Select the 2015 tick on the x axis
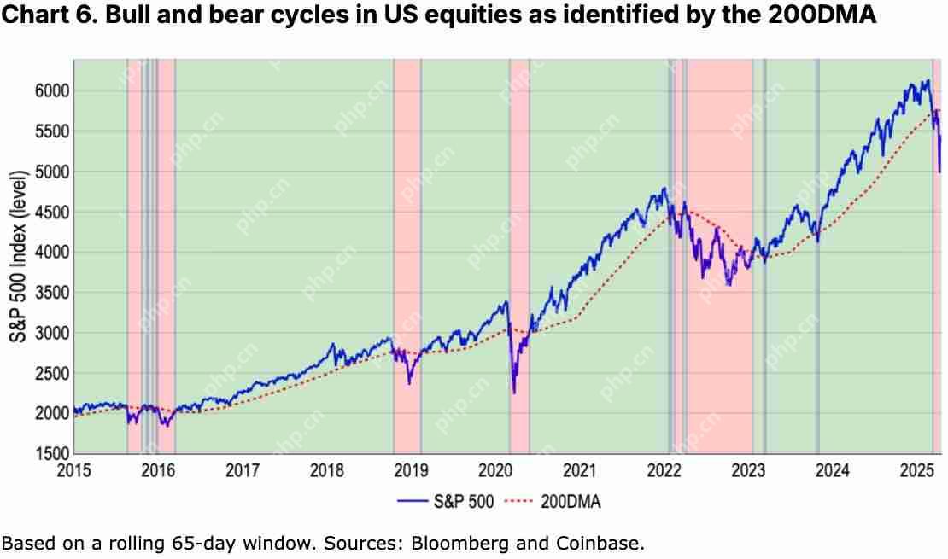[x=74, y=469]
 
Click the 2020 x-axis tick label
[x=496, y=469]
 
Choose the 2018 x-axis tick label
[x=327, y=469]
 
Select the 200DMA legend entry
[x=555, y=502]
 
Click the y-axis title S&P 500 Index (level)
[x=17, y=256]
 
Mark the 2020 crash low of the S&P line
[x=514, y=393]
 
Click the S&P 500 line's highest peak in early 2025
[x=928, y=81]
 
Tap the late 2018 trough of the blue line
[x=409, y=383]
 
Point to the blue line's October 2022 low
[x=729, y=285]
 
